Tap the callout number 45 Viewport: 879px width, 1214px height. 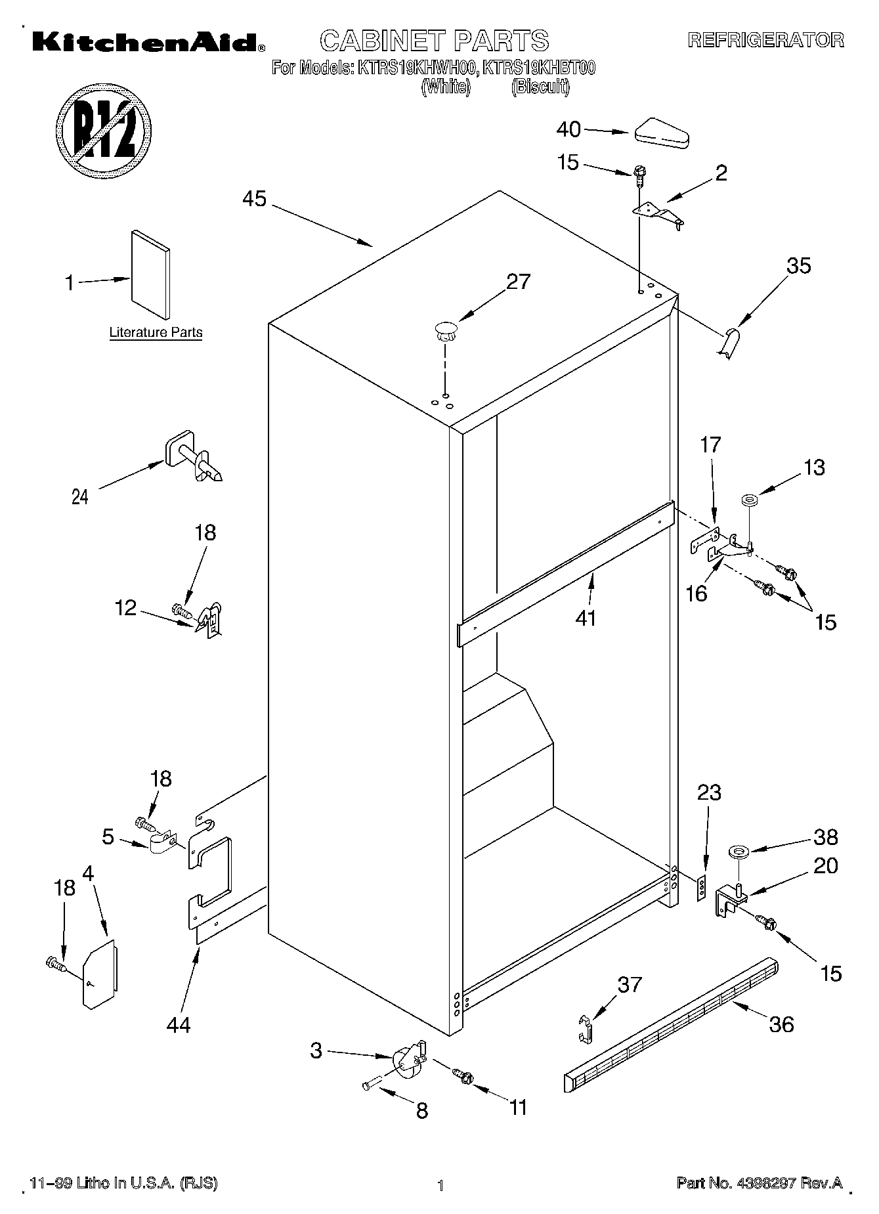[x=254, y=199]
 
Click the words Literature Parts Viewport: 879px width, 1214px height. [x=156, y=332]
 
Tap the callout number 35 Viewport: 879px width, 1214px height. [x=798, y=266]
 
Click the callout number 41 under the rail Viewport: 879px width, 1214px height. [x=586, y=618]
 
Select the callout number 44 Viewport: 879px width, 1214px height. [x=178, y=1024]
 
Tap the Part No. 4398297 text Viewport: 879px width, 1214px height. [x=759, y=1182]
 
